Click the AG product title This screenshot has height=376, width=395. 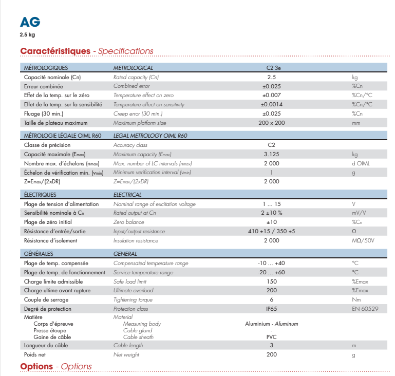29,22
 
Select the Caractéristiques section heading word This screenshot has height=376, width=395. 55,51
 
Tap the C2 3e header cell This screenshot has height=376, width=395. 273,68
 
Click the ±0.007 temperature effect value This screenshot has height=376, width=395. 271,96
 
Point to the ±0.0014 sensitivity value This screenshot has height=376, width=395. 271,104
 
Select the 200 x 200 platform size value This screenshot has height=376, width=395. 271,123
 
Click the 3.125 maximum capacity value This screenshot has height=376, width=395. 271,154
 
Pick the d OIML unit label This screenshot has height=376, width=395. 361,163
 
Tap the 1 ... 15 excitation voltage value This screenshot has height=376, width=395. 271,204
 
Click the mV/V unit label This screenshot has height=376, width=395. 359,213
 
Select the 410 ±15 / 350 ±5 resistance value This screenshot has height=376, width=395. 271,231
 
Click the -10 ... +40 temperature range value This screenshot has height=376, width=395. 271,263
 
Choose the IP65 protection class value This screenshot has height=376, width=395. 271,309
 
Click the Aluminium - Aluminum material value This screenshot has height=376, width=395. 271,324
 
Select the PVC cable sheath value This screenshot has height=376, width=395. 271,337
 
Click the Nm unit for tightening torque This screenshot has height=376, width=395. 356,299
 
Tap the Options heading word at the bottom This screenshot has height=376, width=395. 36,366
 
